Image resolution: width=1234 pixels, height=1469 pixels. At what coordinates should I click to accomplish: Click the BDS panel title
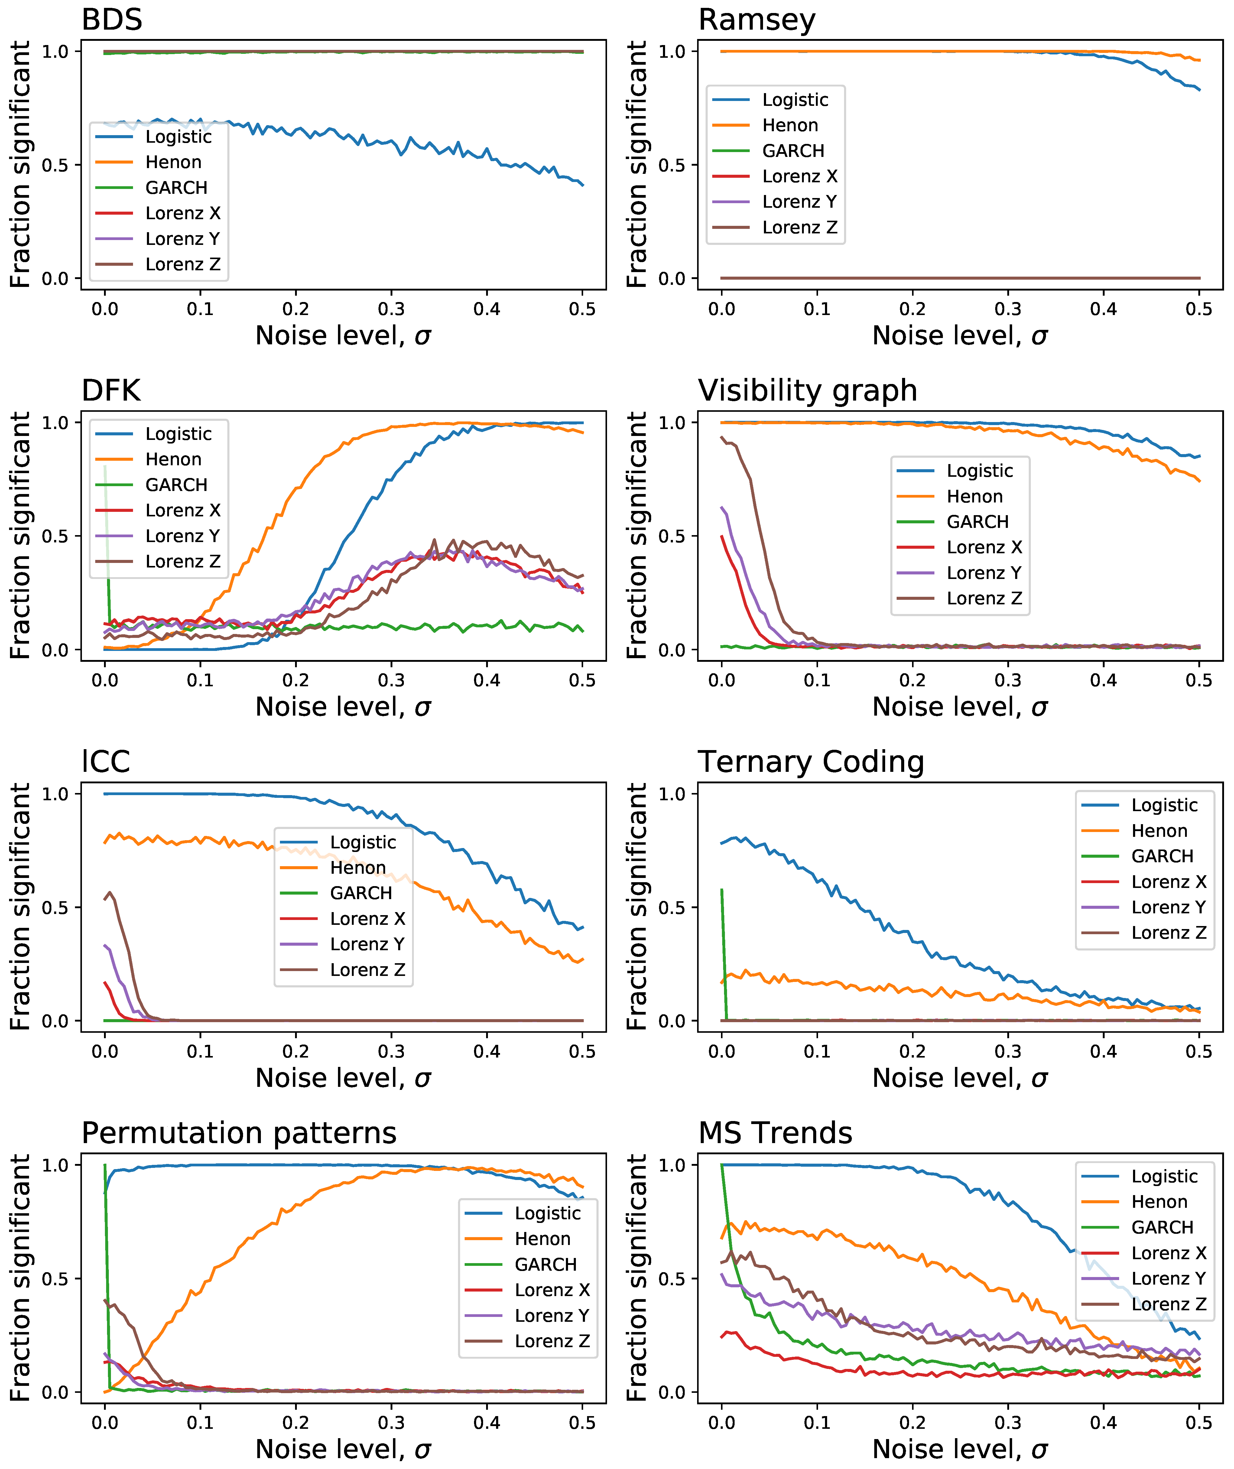pos(112,20)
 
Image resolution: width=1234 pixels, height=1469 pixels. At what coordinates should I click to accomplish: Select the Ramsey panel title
pos(757,20)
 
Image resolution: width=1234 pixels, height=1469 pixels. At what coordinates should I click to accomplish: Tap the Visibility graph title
pos(807,390)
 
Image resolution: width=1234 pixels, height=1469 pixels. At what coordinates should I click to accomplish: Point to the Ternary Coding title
pos(811,762)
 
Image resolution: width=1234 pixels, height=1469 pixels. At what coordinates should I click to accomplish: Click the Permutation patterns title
pos(239,1133)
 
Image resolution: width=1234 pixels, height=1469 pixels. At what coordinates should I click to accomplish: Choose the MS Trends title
pos(775,1133)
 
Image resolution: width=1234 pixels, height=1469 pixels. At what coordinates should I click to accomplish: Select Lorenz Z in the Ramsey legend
pos(800,227)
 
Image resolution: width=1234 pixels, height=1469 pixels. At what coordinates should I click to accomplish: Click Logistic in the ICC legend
pos(363,842)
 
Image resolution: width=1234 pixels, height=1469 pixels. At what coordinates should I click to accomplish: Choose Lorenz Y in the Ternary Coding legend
pos(1168,907)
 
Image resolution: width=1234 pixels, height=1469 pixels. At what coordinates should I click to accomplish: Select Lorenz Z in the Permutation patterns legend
pos(552,1341)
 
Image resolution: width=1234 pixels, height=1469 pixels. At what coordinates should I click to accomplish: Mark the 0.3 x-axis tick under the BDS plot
pos(391,309)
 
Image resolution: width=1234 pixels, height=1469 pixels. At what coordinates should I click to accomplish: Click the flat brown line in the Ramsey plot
pos(960,278)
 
